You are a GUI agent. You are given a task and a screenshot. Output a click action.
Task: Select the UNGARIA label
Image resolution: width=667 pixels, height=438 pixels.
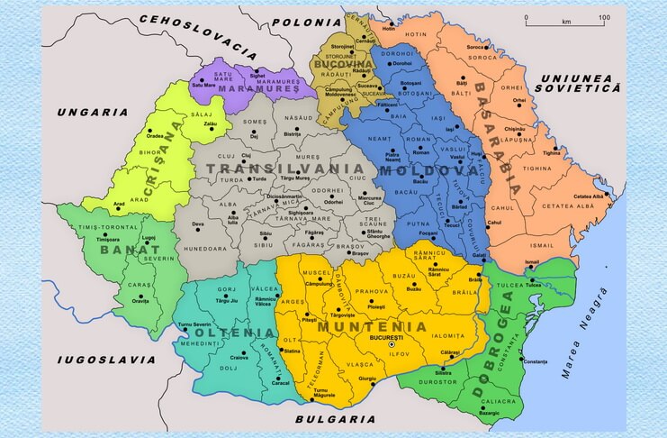(92, 113)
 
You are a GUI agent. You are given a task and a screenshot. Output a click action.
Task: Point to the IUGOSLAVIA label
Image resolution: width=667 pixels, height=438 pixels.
(101, 359)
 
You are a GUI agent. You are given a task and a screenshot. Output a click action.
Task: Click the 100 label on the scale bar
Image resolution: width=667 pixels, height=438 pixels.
(602, 18)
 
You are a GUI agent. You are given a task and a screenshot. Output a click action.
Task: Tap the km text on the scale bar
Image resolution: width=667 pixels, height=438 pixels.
(565, 19)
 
